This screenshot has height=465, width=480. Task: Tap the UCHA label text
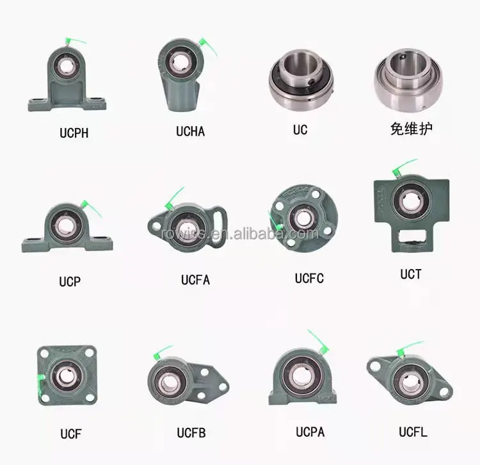pos(190,132)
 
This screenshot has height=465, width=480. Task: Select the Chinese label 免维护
pos(411,129)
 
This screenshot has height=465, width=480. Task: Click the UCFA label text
pos(195,279)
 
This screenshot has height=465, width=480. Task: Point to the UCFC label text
pos(309,278)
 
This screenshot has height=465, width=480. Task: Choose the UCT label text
pos(410,273)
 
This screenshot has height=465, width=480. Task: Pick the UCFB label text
pos(191,433)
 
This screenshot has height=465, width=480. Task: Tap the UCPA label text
pos(310,432)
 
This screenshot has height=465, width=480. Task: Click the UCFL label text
pos(413,432)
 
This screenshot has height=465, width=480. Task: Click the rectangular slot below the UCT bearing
pos(411,241)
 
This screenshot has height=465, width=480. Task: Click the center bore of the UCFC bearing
pos(301,218)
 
